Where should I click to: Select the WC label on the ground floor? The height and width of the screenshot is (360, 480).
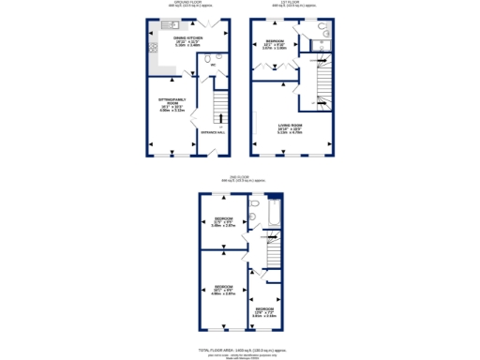click(211, 65)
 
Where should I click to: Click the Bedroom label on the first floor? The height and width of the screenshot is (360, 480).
click(275, 43)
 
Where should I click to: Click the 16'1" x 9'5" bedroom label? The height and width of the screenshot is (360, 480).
click(222, 290)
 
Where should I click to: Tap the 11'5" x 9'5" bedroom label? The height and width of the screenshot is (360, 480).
click(222, 221)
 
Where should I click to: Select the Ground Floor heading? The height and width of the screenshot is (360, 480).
click(189, 5)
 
